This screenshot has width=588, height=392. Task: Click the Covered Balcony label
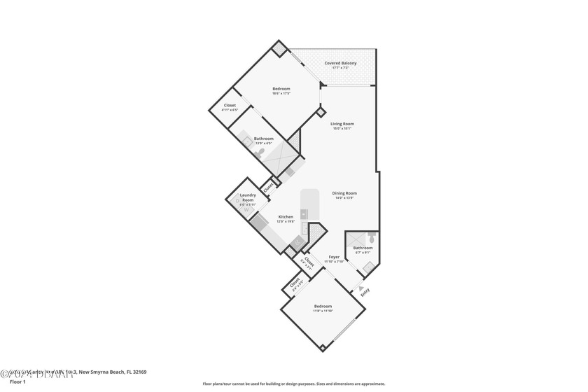[x=340, y=63]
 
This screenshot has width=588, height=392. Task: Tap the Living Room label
[x=342, y=124]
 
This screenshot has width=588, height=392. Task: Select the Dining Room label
[x=344, y=193]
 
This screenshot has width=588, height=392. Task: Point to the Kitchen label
[x=286, y=217]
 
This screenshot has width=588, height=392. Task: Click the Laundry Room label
[x=248, y=197]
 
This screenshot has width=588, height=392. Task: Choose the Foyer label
[x=334, y=257]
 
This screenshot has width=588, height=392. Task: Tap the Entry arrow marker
[x=360, y=288]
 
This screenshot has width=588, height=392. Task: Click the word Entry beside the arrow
[x=365, y=295]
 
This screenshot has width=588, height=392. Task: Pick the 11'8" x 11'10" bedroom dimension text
[x=323, y=311]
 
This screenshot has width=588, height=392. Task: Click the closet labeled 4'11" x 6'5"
[x=230, y=108]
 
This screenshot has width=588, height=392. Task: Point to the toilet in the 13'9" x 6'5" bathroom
[x=261, y=152]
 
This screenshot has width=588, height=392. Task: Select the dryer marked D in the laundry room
[x=238, y=202]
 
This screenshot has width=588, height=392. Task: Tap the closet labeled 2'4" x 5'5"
[x=295, y=283]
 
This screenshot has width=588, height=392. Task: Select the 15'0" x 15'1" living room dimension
[x=342, y=129]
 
